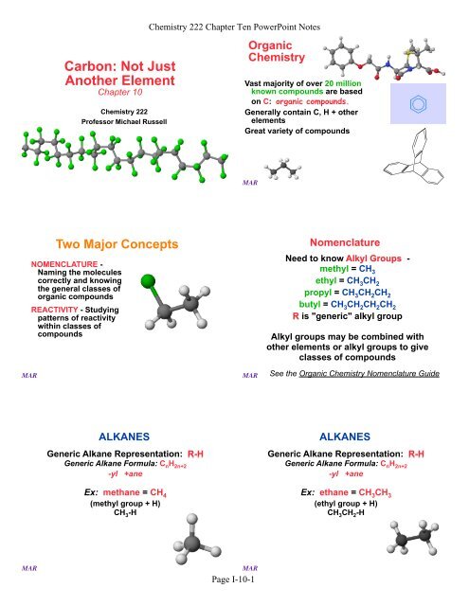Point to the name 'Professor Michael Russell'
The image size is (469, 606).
click(x=118, y=123)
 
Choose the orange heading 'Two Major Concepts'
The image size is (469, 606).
click(x=118, y=243)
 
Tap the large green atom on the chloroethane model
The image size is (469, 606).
click(x=149, y=283)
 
